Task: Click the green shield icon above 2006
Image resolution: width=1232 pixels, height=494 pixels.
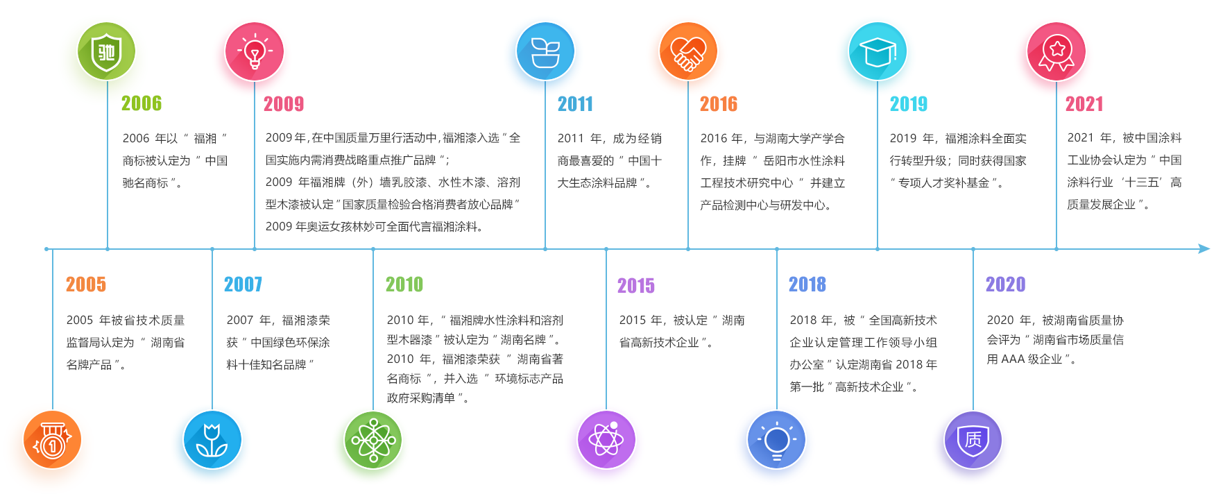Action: click(106, 51)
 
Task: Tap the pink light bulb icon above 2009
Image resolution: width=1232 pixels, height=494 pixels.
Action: click(255, 51)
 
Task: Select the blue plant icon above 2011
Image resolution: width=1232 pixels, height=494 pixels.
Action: click(545, 51)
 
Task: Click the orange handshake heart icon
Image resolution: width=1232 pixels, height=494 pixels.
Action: click(688, 51)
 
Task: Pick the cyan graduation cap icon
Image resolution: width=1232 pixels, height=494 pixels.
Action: click(878, 51)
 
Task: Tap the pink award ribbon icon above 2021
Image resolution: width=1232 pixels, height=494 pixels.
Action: click(1056, 51)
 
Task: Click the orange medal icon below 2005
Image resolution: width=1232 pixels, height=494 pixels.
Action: click(52, 440)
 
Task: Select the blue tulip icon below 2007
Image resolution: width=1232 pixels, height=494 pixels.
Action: click(212, 440)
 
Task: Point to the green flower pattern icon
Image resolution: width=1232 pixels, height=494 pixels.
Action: click(373, 440)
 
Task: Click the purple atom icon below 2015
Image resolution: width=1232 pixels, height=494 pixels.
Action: click(606, 440)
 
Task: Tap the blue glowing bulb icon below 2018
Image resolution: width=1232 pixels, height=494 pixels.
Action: click(776, 440)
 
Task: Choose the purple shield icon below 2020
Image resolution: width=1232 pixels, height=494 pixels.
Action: click(973, 440)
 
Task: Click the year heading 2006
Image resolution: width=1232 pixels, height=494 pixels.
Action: click(142, 103)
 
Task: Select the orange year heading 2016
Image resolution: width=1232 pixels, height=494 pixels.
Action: click(719, 104)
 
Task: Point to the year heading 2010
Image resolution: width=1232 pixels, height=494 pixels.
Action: click(404, 284)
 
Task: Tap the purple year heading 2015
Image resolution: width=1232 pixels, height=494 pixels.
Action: click(636, 286)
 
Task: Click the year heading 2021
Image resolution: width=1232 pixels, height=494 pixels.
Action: click(1084, 104)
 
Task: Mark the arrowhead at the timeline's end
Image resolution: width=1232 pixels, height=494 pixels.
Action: click(1204, 248)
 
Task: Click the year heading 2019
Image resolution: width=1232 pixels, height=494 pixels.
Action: click(909, 104)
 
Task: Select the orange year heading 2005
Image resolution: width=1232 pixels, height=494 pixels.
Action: click(86, 284)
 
